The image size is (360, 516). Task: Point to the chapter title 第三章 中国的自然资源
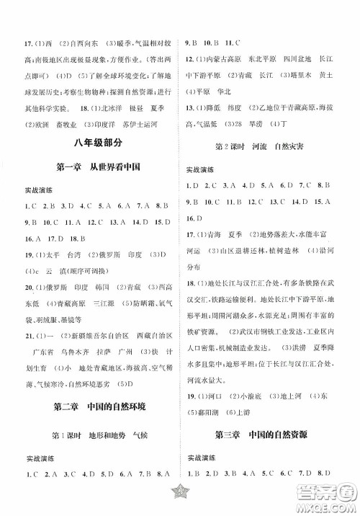pos(270,455)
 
